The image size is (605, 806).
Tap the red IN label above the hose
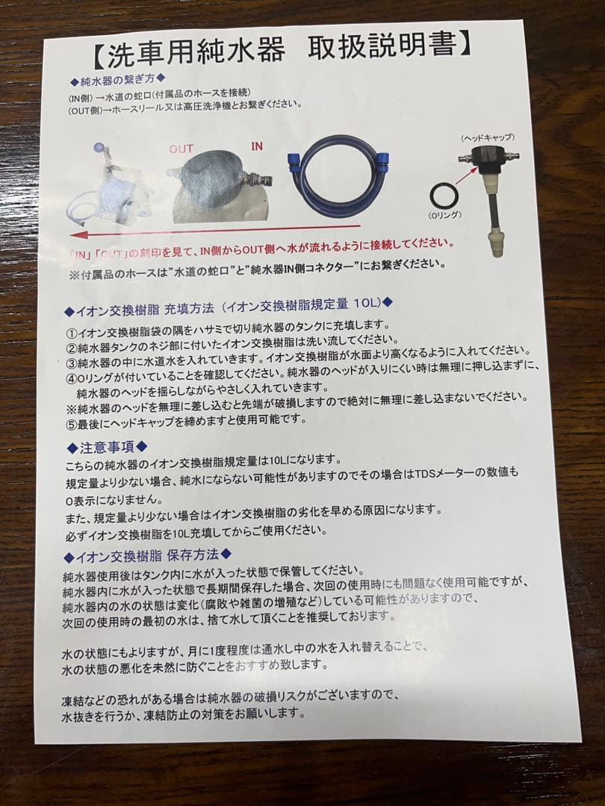256,146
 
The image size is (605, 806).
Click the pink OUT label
181,149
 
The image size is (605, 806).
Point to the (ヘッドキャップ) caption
487,138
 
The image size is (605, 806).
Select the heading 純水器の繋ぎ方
117,78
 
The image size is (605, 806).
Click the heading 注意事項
108,447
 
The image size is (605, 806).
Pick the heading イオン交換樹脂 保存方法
147,554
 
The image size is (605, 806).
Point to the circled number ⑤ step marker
72,419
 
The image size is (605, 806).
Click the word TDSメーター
454,473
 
